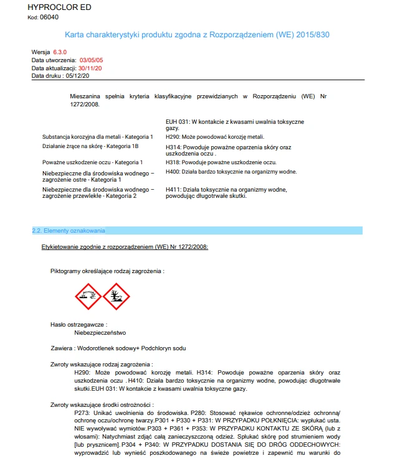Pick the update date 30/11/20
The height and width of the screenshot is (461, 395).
pos(90,67)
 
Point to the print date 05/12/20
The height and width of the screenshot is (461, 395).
pos(78,75)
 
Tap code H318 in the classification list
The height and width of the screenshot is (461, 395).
pos(173,162)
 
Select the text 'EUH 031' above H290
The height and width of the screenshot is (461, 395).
pos(177,121)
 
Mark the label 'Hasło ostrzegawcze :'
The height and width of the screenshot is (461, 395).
pos(79,325)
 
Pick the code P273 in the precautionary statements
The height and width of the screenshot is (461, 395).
pos(82,413)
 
